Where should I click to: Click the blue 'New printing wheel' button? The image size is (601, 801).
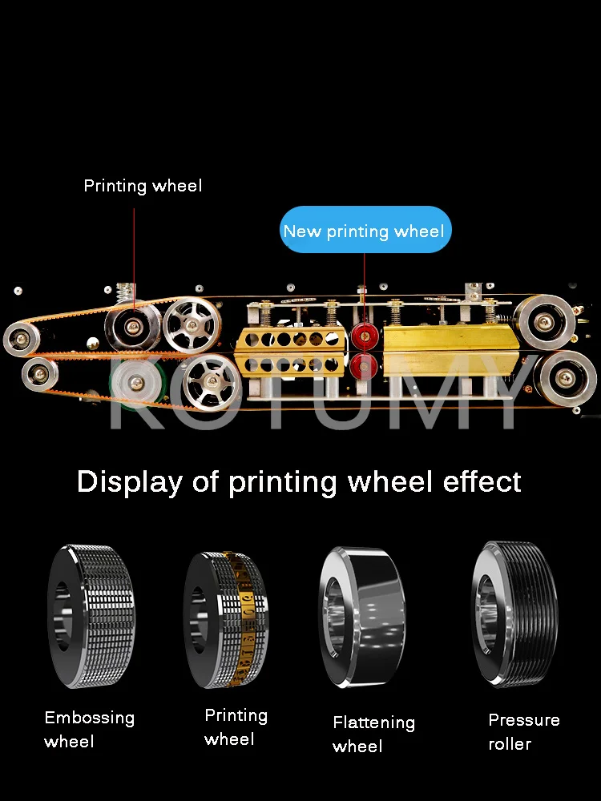[365, 231]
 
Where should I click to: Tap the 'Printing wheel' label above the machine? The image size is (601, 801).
[143, 186]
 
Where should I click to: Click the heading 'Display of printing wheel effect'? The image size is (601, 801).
[299, 482]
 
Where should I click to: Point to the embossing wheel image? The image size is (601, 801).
[90, 617]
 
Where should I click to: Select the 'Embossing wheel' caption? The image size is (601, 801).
[89, 729]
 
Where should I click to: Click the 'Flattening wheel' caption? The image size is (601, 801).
[373, 734]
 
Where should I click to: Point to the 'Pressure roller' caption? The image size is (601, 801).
[523, 731]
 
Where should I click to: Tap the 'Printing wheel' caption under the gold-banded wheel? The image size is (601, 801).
[236, 727]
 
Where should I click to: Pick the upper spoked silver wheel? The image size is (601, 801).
[192, 324]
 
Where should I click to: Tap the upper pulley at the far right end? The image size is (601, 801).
[547, 322]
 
